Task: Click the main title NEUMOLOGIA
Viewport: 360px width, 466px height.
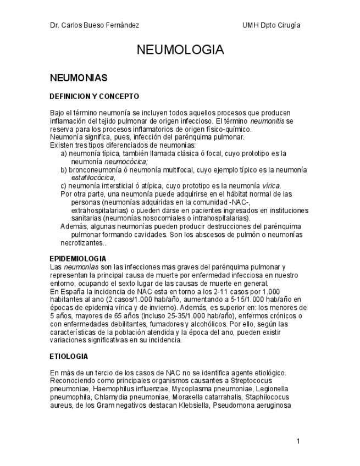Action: [180, 50]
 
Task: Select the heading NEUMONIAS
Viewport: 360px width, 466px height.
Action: [78, 78]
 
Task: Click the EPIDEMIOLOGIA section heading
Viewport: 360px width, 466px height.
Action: [78, 258]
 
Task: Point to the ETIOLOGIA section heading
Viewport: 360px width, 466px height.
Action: [69, 356]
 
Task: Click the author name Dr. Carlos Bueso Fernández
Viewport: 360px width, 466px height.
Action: [94, 25]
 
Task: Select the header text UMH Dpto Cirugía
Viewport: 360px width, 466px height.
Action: [271, 25]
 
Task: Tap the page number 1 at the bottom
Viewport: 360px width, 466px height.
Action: [297, 441]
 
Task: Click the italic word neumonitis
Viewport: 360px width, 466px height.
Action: [268, 121]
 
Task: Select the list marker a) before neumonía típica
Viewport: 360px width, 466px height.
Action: [64, 153]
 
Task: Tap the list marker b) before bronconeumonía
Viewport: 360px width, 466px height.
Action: [64, 170]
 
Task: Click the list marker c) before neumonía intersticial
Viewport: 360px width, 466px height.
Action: [64, 186]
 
